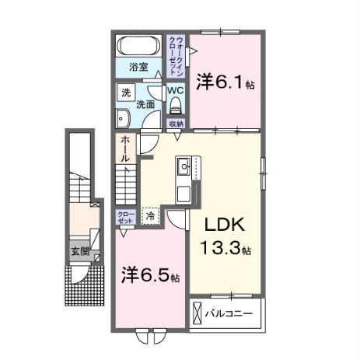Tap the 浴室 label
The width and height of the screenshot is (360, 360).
click(139, 67)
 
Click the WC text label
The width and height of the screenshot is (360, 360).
click(176, 89)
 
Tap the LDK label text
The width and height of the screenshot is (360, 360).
click(225, 225)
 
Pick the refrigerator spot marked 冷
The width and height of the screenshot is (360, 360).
click(150, 217)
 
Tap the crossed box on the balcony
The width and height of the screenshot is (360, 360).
click(197, 314)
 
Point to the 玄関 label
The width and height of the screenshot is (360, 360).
click(79, 252)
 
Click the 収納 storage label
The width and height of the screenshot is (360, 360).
click(176, 124)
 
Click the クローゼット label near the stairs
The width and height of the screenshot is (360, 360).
click(126, 217)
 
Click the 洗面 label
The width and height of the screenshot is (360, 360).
click(145, 103)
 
